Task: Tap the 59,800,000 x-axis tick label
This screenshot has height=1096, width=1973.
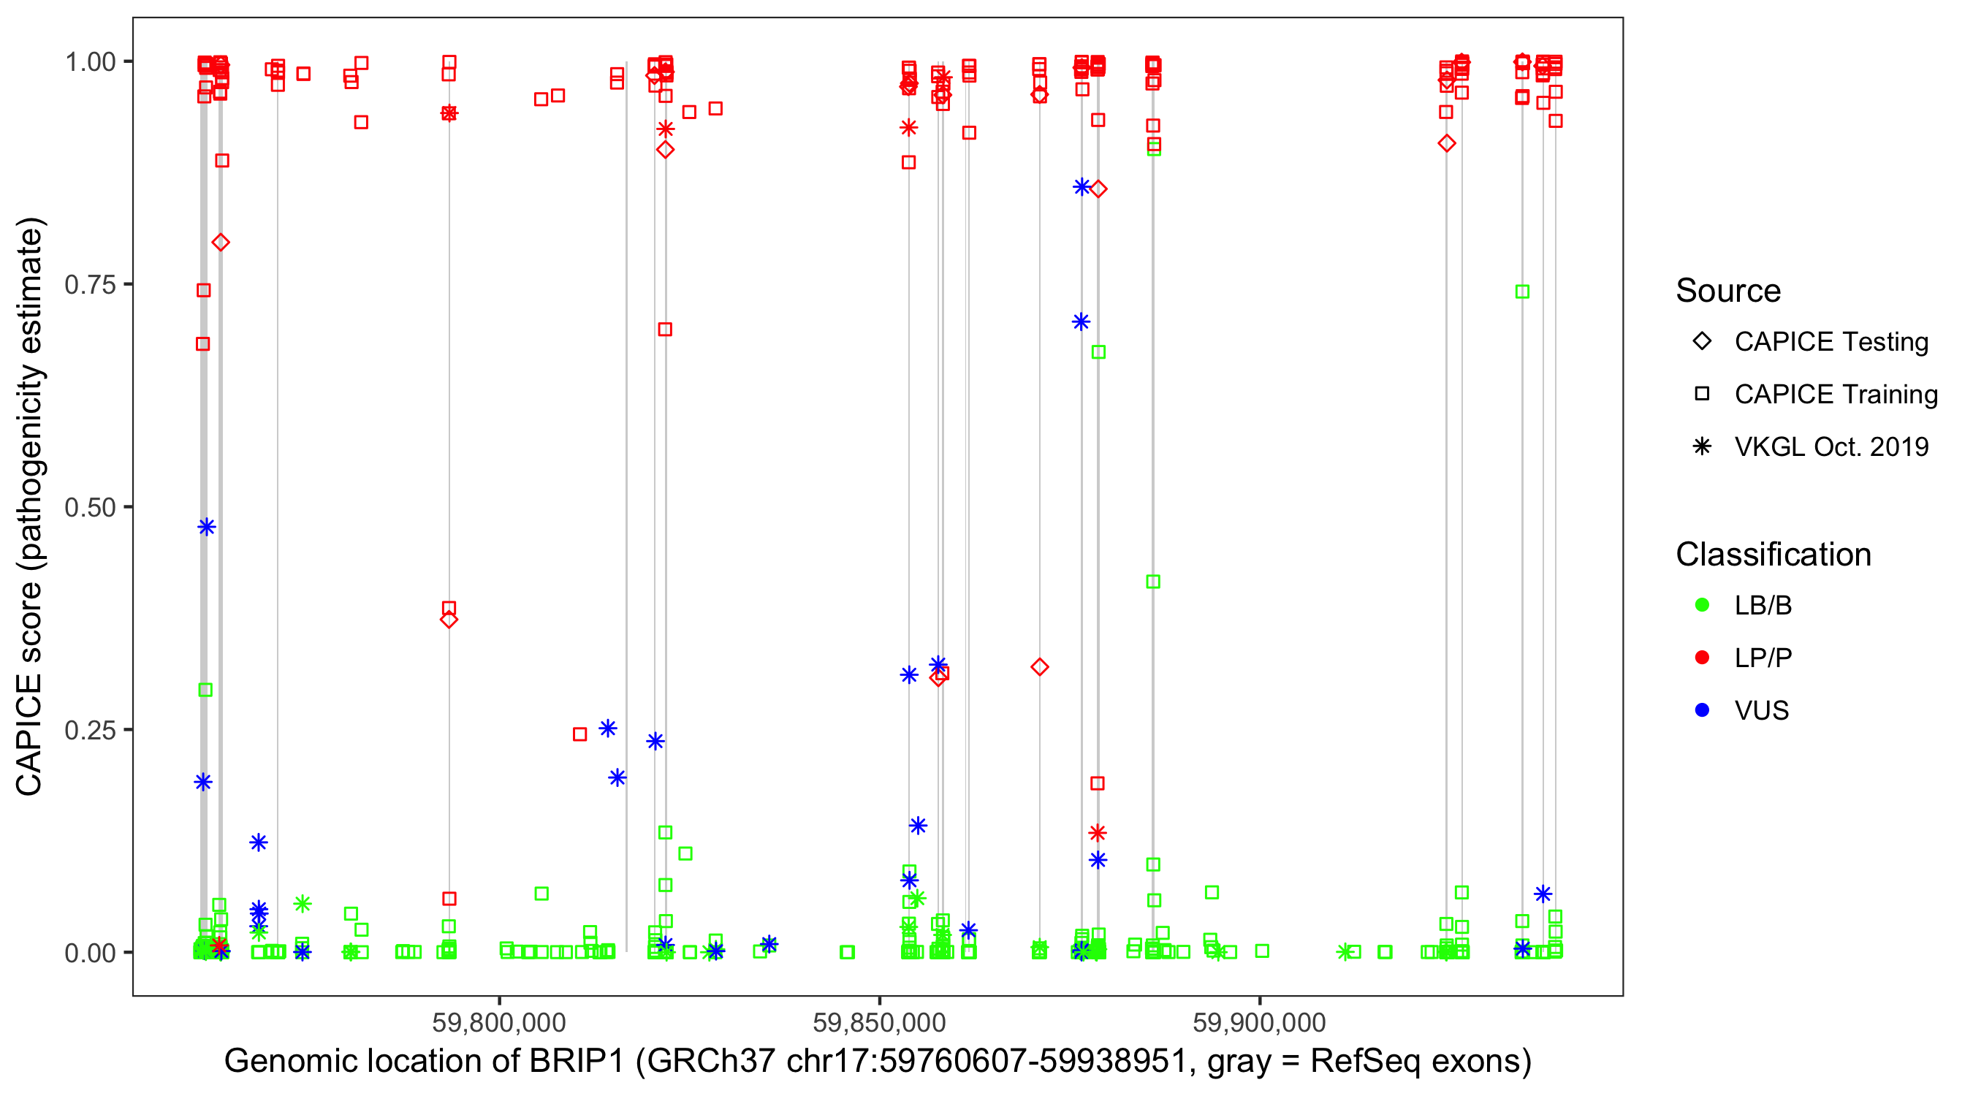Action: click(x=498, y=1022)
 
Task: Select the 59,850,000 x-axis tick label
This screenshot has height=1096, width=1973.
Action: click(x=879, y=1022)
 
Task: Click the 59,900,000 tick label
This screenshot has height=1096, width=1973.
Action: click(x=1259, y=1022)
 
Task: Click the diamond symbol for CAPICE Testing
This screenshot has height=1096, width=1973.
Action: click(x=1702, y=342)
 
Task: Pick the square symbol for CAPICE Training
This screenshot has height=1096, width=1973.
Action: click(x=1702, y=395)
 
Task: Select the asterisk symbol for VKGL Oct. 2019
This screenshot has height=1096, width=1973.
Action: click(x=1702, y=446)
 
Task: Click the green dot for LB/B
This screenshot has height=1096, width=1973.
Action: click(x=1702, y=605)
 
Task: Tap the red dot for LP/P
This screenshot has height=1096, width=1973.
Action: click(x=1702, y=658)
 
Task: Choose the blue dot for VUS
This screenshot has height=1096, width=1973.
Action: click(x=1702, y=710)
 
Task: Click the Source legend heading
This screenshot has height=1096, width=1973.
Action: click(x=1728, y=291)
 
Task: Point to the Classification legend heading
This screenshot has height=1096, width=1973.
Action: click(x=1773, y=555)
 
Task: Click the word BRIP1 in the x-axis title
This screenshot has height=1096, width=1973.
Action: click(x=575, y=1062)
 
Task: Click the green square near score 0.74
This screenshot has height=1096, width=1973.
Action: click(x=1522, y=292)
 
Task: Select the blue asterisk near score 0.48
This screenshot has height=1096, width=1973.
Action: click(x=206, y=527)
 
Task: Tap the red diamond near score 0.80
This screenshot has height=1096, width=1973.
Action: click(x=221, y=243)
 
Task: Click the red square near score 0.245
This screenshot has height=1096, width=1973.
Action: click(x=579, y=734)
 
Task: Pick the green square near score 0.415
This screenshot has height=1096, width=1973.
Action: click(x=1152, y=582)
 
